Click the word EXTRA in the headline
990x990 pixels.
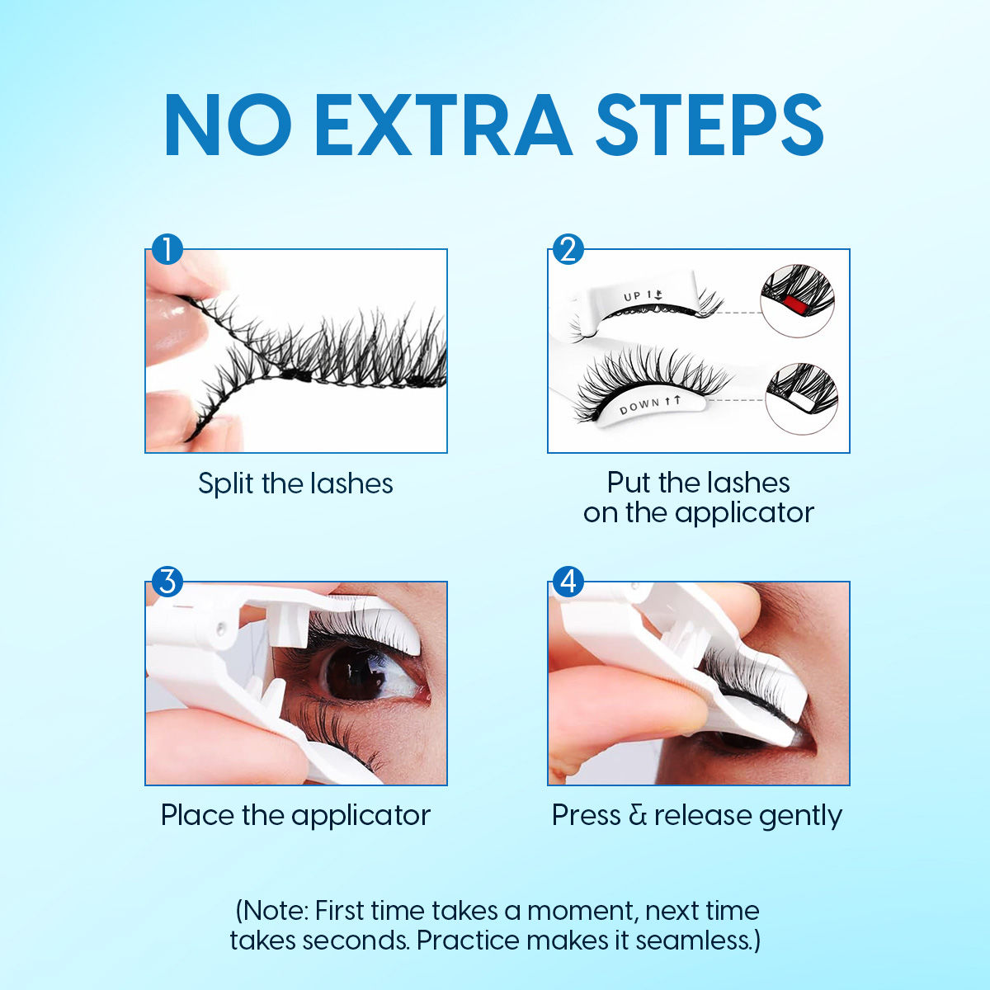coord(442,125)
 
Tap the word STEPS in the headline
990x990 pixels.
coord(709,125)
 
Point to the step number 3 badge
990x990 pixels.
coord(167,582)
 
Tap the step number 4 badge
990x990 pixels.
coord(568,582)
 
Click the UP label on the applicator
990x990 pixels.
coord(634,296)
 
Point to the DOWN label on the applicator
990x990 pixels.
coord(640,406)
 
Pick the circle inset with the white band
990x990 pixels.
coord(801,399)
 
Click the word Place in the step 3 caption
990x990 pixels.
coord(197,815)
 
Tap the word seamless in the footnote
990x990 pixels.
coord(692,940)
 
